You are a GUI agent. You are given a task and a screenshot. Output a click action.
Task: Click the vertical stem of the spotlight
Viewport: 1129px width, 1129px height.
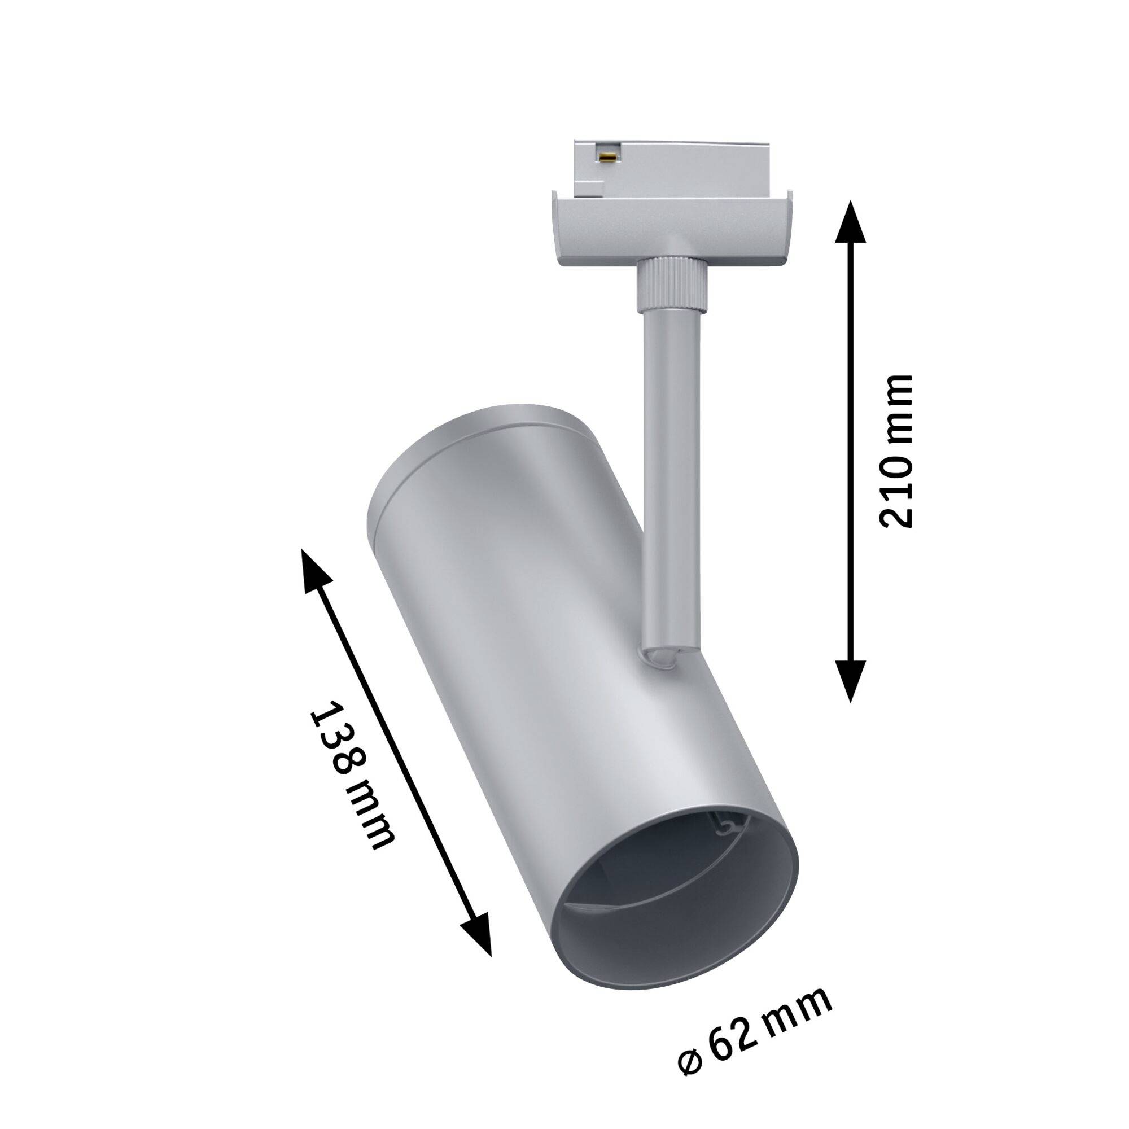click(x=671, y=467)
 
